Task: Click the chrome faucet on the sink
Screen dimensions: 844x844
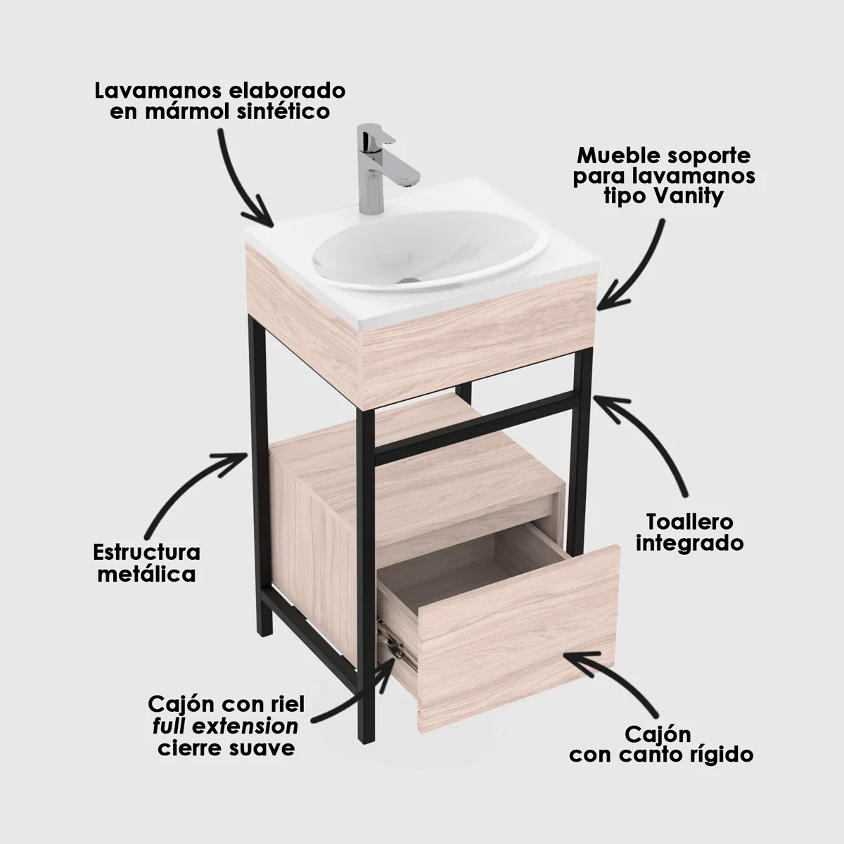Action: pyautogui.click(x=373, y=169)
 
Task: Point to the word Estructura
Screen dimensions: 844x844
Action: pyautogui.click(x=146, y=552)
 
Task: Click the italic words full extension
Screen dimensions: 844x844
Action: pyautogui.click(x=225, y=726)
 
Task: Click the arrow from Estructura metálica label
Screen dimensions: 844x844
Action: pyautogui.click(x=190, y=485)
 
